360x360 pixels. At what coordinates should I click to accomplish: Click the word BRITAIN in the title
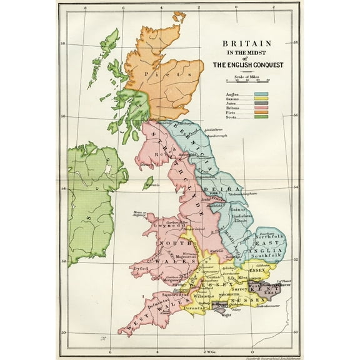246,44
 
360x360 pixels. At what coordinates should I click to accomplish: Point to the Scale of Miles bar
247,81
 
